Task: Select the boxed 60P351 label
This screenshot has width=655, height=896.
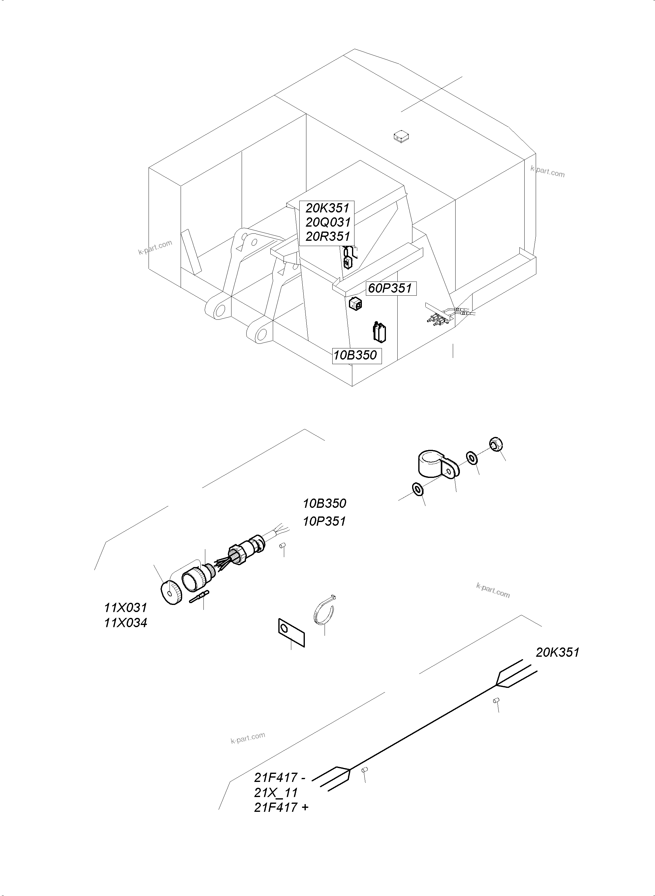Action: click(391, 288)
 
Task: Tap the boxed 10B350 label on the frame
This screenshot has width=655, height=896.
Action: click(355, 355)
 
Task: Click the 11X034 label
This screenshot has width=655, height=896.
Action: click(125, 623)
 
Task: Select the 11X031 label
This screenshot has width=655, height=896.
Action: click(125, 608)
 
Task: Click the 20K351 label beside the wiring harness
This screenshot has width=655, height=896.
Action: click(558, 652)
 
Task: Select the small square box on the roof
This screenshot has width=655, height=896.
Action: click(401, 137)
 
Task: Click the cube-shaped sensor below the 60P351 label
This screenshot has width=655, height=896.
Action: click(356, 305)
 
